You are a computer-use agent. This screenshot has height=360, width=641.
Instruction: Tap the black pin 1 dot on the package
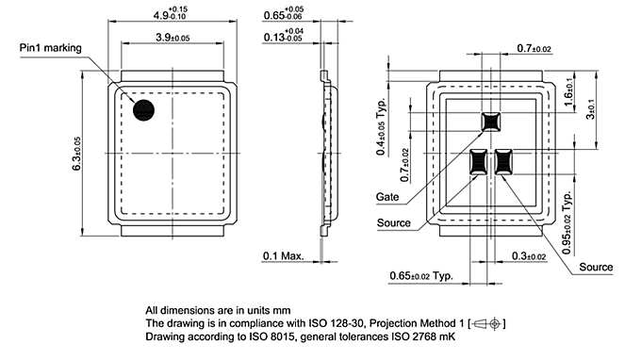point(144,110)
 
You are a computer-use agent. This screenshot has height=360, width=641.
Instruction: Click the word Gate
point(386,197)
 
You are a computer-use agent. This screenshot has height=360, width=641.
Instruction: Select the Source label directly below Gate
point(393,223)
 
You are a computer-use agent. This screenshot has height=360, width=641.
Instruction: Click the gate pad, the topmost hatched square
point(491,121)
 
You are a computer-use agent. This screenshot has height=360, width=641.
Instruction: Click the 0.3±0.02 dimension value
point(530,255)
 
